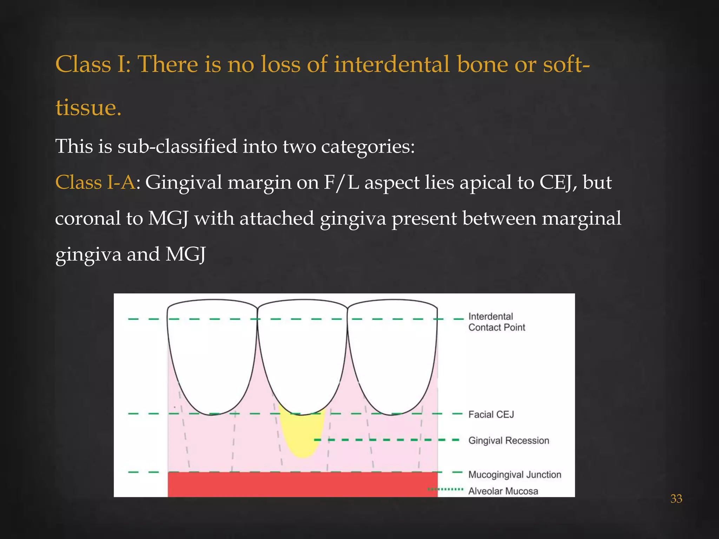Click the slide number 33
click(x=676, y=499)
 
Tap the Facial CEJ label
click(x=491, y=414)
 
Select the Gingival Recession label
click(x=509, y=440)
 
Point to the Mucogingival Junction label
click(x=515, y=474)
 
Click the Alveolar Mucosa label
click(x=503, y=491)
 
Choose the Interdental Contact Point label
click(x=496, y=322)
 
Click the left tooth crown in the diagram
click(x=212, y=354)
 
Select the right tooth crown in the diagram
click(x=392, y=354)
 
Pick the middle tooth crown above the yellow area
click(x=302, y=354)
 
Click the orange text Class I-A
click(x=95, y=182)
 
